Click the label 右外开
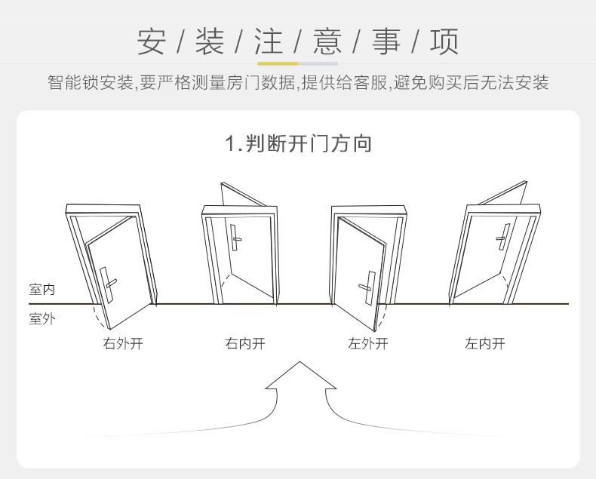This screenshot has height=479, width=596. click(123, 344)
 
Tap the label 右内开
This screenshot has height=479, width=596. click(245, 344)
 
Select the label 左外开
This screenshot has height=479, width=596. click(367, 344)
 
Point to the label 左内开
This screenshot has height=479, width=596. click(485, 344)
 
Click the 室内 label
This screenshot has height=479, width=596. click(41, 290)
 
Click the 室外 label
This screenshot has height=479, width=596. click(41, 318)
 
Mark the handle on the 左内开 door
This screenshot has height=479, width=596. click(501, 238)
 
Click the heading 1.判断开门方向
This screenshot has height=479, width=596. click(299, 143)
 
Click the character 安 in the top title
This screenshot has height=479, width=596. click(152, 41)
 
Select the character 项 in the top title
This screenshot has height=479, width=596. click(444, 41)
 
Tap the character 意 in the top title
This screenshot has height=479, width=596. click(327, 41)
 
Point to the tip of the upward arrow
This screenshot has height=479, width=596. click(300, 363)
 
